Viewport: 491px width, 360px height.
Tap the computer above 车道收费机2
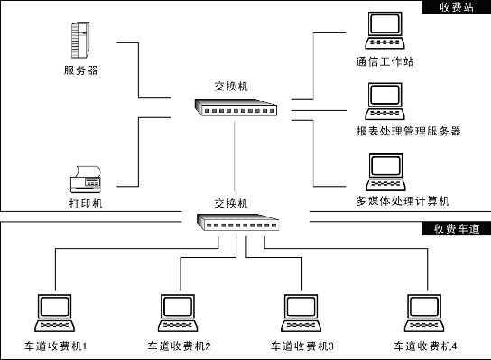coord(178,313)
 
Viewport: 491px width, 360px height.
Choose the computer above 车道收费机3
coord(302,313)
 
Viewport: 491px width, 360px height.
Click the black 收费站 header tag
coord(456,7)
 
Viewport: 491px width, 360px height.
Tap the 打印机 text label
coord(86,204)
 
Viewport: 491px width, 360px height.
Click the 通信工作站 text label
coord(385,62)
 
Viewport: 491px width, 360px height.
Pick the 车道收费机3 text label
coord(301,346)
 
